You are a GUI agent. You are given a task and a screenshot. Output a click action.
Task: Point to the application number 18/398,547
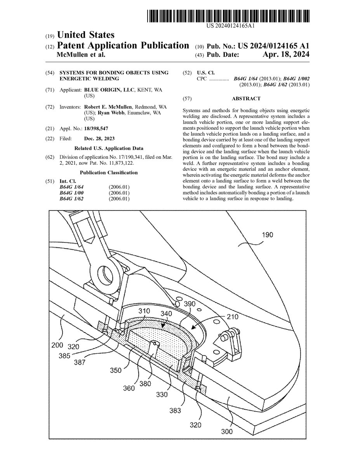pos(100,128)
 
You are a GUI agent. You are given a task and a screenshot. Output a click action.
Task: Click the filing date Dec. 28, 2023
pos(99,138)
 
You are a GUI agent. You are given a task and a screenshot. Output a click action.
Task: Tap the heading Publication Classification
pos(108,172)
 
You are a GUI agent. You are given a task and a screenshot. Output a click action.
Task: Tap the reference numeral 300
pos(227,431)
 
